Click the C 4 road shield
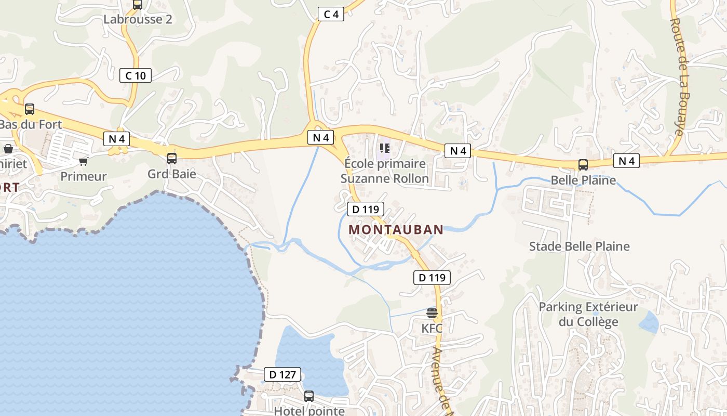(x=331, y=14)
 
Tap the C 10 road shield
(x=136, y=75)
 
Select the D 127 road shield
(x=282, y=374)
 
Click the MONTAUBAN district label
(x=396, y=229)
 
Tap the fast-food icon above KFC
(x=432, y=313)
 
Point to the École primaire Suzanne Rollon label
(x=385, y=171)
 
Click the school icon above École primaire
(x=385, y=148)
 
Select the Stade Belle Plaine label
(x=579, y=246)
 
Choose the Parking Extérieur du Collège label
(x=588, y=314)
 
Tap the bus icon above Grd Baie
(x=172, y=158)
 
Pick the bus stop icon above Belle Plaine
(x=583, y=165)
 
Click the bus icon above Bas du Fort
(x=30, y=109)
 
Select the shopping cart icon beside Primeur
(x=83, y=161)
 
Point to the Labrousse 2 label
(x=138, y=19)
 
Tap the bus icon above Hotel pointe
(x=309, y=396)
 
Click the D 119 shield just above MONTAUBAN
(x=366, y=209)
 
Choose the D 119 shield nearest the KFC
(x=432, y=278)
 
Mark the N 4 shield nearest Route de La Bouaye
(x=626, y=161)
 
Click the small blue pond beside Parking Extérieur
(x=649, y=322)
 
